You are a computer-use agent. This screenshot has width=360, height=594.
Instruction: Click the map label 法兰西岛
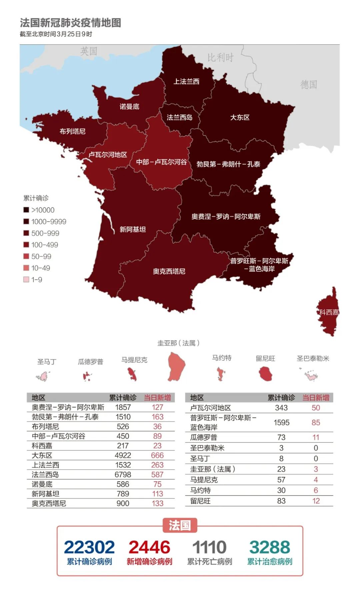[x=179, y=117]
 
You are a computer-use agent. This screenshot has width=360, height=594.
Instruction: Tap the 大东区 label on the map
[x=240, y=117]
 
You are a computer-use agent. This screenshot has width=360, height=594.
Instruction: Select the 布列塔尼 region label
[x=72, y=131]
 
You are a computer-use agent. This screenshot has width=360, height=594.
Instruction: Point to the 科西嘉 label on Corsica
[x=329, y=312]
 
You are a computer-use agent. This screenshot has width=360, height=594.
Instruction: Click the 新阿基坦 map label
[x=133, y=229]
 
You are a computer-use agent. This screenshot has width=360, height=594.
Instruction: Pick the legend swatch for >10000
[x=26, y=210]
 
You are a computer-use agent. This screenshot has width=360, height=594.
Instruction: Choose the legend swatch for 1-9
[x=26, y=280]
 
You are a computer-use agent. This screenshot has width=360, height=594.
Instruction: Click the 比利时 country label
[x=220, y=58]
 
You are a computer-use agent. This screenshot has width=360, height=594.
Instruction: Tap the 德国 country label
[x=308, y=85]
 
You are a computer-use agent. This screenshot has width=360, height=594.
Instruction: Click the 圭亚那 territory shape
[x=176, y=366]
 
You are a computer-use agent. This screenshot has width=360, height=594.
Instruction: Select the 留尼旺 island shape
[x=266, y=373]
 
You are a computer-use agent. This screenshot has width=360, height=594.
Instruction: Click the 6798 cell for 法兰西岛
[x=123, y=474]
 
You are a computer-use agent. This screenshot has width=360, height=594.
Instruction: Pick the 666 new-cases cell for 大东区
[x=157, y=455]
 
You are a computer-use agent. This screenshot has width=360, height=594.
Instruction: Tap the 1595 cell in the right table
[x=281, y=422]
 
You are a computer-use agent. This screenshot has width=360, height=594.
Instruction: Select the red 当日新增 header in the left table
[x=157, y=397]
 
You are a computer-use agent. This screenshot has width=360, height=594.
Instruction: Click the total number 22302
[x=89, y=547]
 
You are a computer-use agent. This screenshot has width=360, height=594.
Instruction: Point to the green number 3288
[x=269, y=547]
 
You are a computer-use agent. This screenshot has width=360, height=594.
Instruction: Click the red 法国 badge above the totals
[x=180, y=525]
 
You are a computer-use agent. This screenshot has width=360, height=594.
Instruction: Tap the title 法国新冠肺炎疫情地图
[x=70, y=23]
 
